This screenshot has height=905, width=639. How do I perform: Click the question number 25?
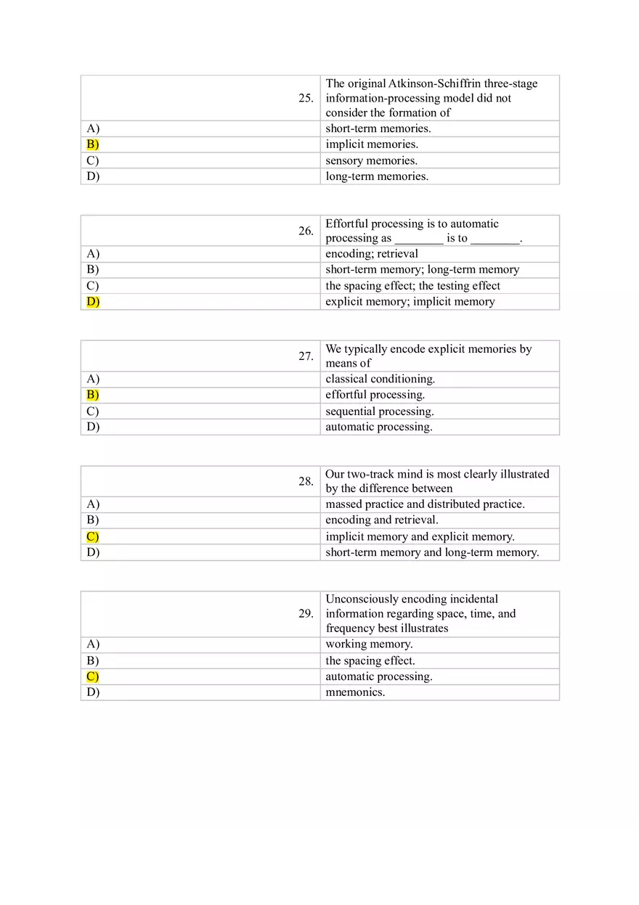(x=306, y=98)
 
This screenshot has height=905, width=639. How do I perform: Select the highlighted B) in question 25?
(x=93, y=144)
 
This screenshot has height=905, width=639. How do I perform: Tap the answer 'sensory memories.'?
(x=371, y=160)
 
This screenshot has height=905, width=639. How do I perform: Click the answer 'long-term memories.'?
(x=377, y=176)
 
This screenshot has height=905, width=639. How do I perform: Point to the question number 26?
(x=306, y=231)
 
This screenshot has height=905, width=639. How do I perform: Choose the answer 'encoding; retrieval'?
(x=372, y=254)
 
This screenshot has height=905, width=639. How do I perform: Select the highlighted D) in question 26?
(x=93, y=302)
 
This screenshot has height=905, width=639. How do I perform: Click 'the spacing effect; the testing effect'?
(x=412, y=286)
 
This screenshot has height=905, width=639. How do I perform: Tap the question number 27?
(x=306, y=356)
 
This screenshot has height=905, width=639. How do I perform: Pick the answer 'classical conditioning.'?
(x=380, y=379)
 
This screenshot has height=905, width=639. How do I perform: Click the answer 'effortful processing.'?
(x=375, y=395)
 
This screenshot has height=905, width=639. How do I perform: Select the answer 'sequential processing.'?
(x=379, y=411)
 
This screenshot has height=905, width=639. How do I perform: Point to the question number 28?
(x=306, y=481)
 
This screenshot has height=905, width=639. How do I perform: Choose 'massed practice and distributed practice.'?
(x=425, y=504)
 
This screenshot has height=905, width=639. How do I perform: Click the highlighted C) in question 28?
(x=93, y=537)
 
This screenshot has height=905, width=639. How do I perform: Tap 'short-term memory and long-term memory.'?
(x=432, y=552)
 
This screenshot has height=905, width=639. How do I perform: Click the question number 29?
(x=306, y=613)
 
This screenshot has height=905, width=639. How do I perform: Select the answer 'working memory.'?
(x=369, y=644)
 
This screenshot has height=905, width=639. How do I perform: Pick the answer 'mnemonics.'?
(x=355, y=692)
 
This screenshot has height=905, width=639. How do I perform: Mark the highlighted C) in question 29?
(x=93, y=676)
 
